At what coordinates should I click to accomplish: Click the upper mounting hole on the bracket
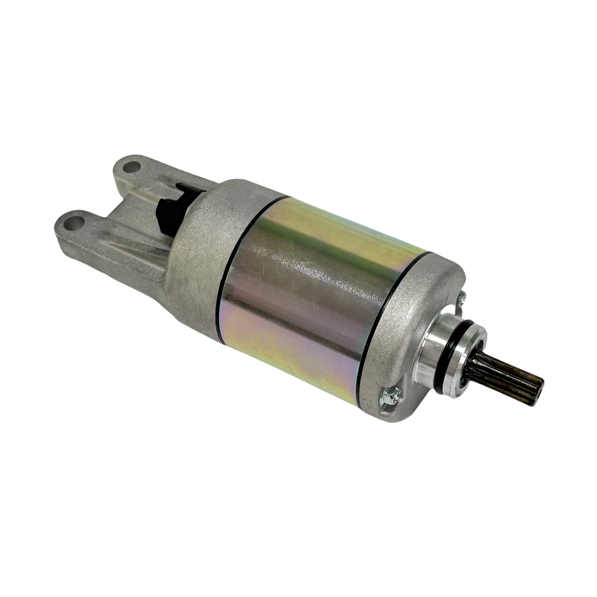coord(132,167)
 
